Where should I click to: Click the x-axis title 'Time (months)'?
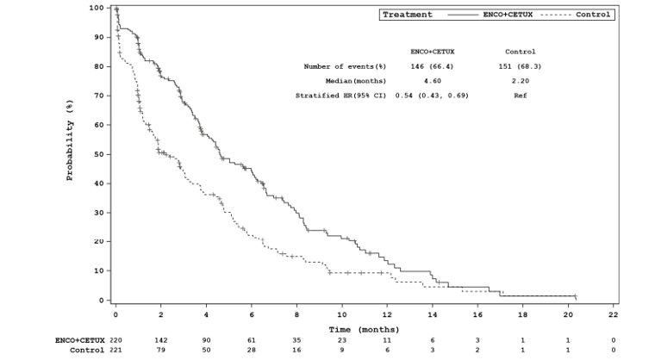(363, 328)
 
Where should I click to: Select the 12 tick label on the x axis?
(387, 315)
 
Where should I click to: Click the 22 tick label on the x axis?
(613, 315)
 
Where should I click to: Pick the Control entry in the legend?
(592, 15)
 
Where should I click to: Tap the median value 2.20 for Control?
(520, 80)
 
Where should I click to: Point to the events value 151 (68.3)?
(520, 66)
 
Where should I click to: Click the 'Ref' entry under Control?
(520, 95)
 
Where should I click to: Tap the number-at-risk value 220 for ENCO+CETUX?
(115, 340)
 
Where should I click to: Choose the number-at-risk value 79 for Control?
(160, 351)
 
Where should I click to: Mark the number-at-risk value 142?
(160, 340)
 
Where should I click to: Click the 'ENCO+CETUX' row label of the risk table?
(80, 340)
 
